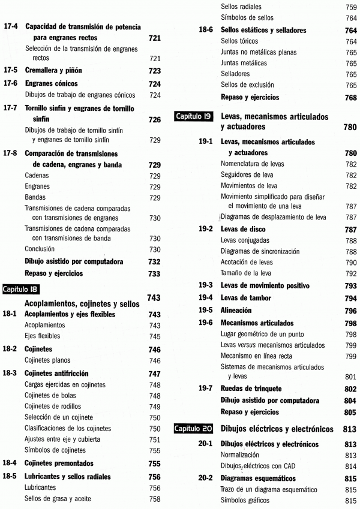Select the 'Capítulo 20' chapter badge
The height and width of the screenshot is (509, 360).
[193, 429]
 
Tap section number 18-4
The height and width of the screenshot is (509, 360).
[11, 463]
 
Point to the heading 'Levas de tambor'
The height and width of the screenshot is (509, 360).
[246, 298]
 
